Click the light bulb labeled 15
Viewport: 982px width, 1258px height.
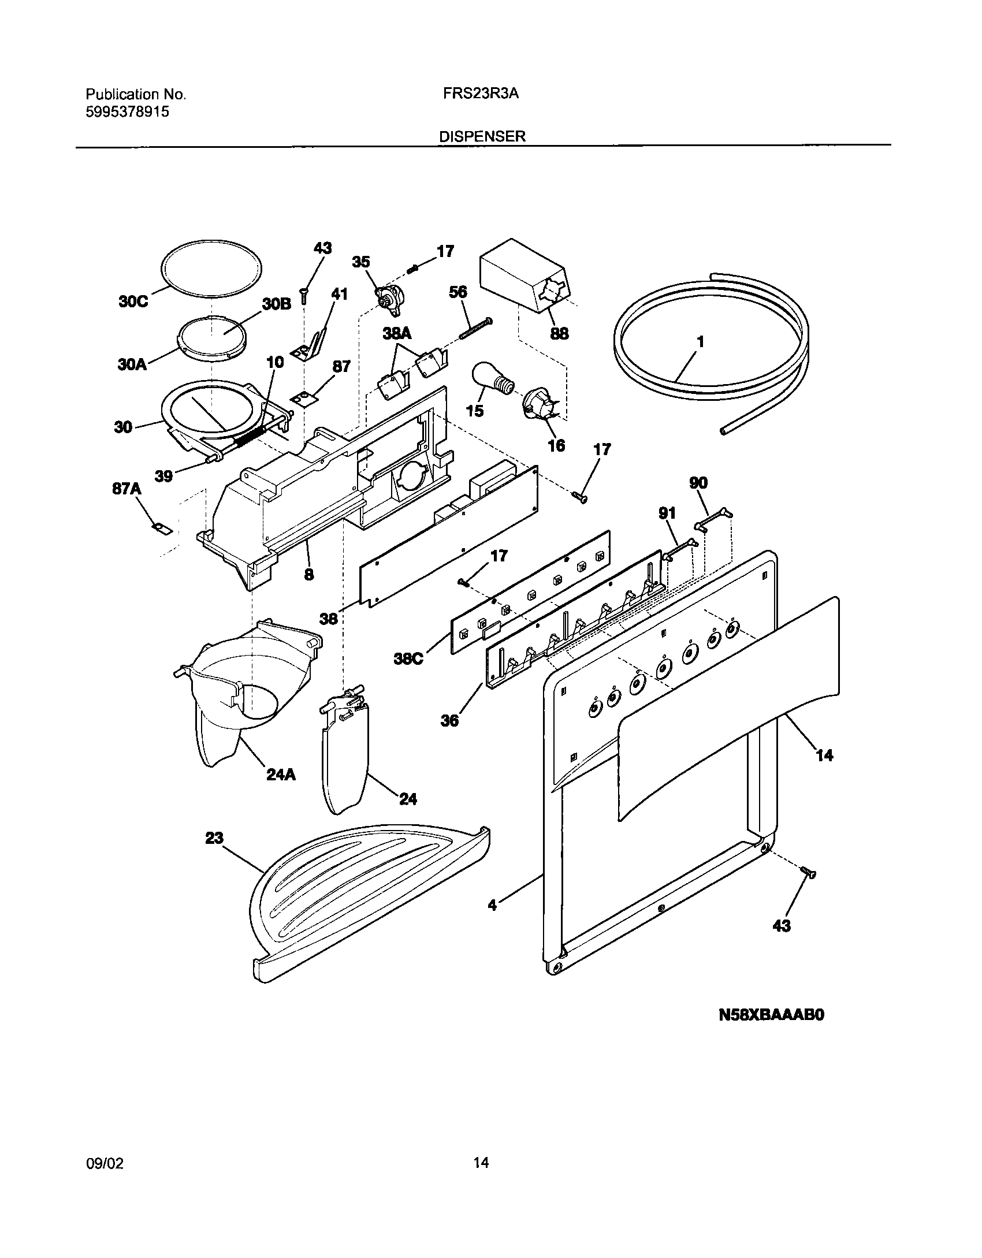(493, 381)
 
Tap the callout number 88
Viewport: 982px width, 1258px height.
(559, 333)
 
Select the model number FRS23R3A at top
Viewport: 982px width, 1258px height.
(481, 94)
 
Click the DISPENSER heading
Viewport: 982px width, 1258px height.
(482, 136)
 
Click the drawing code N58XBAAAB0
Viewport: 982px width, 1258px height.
(771, 1031)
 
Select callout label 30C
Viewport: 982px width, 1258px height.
(133, 302)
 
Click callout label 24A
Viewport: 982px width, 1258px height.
(281, 775)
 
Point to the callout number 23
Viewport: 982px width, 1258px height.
(214, 838)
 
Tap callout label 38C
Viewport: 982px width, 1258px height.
(408, 658)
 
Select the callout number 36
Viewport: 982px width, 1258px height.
(449, 720)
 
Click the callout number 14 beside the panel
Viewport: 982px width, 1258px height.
(824, 755)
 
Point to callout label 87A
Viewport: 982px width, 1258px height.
(127, 489)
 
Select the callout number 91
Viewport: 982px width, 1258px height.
(667, 512)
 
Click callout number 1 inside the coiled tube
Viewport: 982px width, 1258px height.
(700, 342)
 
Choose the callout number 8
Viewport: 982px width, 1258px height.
(309, 574)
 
